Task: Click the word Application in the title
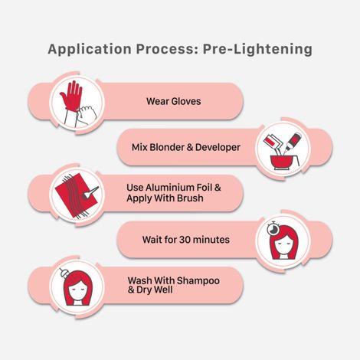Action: [x=90, y=49]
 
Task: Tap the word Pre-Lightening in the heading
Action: [x=257, y=49]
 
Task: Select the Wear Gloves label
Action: [x=174, y=101]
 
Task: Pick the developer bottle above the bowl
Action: [x=293, y=141]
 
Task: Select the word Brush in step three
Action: [x=191, y=198]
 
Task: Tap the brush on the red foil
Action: [x=90, y=192]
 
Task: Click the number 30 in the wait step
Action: [x=185, y=240]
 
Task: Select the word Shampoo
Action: [x=198, y=281]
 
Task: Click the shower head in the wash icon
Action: [x=64, y=274]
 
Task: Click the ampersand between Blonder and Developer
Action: [x=189, y=147]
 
